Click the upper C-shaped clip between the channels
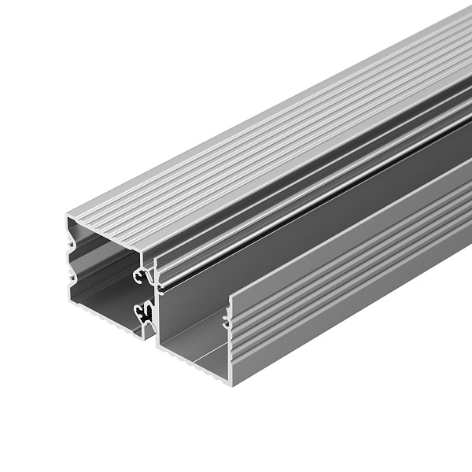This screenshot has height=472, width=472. pos(143,275)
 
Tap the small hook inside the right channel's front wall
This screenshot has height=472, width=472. pos(227,319)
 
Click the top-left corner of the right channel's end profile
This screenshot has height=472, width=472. pos(157,258)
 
